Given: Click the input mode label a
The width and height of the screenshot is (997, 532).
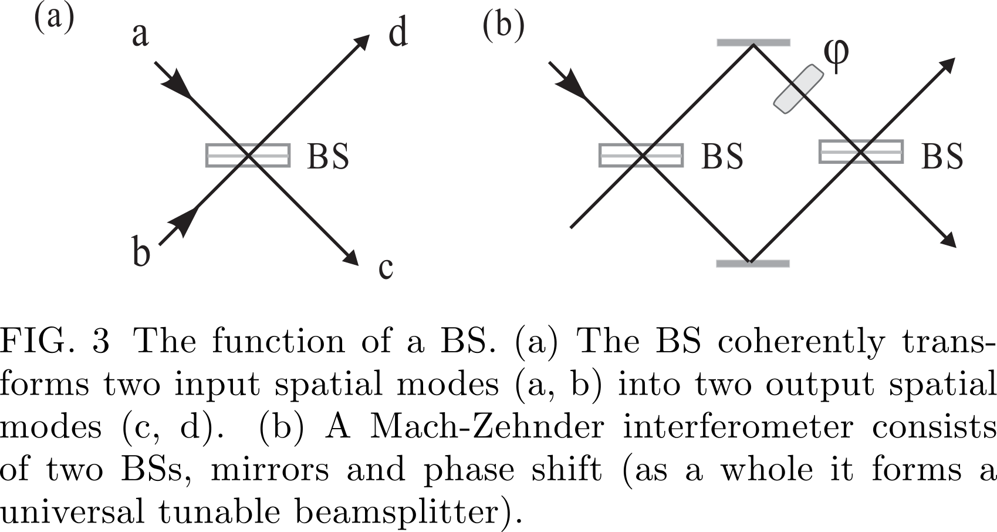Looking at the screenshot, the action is coord(140,35).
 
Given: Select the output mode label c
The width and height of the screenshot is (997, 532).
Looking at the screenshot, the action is coord(386,269).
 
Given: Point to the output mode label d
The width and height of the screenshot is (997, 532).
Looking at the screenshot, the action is coord(398,32).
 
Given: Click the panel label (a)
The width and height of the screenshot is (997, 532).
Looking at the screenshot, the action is coord(55,20).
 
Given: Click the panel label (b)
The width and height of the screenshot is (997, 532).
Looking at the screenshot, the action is coord(503,27).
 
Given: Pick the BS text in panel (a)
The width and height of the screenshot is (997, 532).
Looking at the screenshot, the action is coord(328,156).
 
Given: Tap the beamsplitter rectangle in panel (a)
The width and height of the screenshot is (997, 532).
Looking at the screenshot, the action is coord(248,156).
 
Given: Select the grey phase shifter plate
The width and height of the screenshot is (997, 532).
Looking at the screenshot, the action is coord(798,89).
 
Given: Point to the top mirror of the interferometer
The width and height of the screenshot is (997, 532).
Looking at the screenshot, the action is coord(753,43).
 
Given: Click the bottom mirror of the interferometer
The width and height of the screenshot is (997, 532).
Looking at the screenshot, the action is coord(753,264).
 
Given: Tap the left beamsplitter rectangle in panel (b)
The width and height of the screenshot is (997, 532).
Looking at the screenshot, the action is coord(641,156).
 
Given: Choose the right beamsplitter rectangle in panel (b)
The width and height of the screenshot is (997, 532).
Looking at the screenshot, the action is coord(861,152).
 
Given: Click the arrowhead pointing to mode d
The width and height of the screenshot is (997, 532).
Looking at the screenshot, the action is coord(361,43).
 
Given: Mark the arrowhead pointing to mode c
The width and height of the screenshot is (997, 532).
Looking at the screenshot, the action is coord(351,258).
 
